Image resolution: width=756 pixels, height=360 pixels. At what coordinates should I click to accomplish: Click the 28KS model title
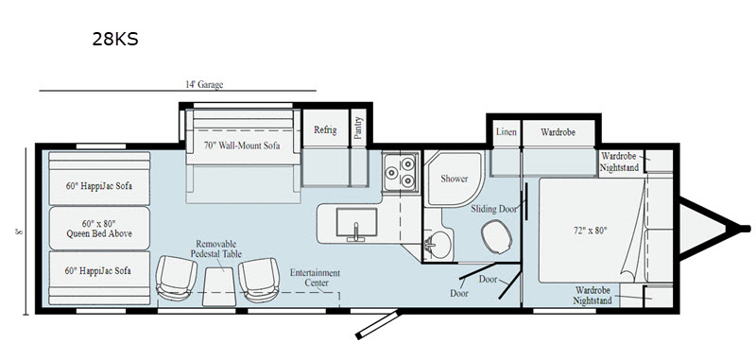[x=115, y=39]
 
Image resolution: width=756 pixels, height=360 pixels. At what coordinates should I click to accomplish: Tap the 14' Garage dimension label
[x=204, y=85]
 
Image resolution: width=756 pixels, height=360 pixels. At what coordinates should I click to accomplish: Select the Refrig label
[x=325, y=129]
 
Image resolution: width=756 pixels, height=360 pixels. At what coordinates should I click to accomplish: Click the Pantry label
[x=358, y=129]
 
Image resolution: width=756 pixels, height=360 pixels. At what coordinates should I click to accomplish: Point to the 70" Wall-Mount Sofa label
[x=243, y=146]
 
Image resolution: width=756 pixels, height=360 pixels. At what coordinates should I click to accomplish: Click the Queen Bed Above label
[x=100, y=233]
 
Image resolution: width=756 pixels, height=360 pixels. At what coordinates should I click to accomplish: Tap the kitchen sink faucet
[x=356, y=231]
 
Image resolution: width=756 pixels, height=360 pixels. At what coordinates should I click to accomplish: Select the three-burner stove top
[x=400, y=172]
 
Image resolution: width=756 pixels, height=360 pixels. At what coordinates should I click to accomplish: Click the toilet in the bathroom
[x=497, y=236]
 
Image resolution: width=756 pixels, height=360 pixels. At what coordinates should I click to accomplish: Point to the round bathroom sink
[x=439, y=245]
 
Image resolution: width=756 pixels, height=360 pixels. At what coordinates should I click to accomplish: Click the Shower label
[x=455, y=179]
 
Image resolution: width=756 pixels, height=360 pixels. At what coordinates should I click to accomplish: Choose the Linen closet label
[x=507, y=132]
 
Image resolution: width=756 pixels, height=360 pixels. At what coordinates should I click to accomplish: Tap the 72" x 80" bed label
[x=588, y=231]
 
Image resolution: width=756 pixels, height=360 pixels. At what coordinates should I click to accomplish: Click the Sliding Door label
[x=494, y=209]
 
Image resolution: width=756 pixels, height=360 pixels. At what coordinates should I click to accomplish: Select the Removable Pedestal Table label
[x=216, y=249]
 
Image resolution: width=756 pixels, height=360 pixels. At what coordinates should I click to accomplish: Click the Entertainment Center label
[x=315, y=278]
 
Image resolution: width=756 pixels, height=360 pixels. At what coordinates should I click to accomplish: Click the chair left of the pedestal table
[x=176, y=278]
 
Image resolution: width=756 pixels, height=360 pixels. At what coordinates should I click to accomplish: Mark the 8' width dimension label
[x=18, y=231]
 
